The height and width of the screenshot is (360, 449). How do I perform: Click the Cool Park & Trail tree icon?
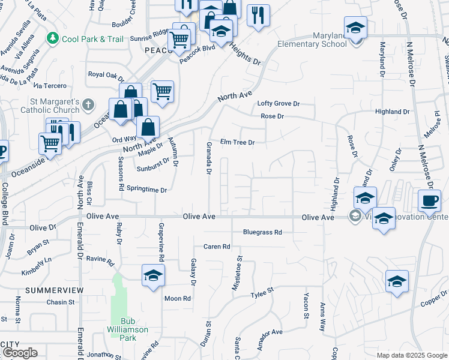(x=53, y=38)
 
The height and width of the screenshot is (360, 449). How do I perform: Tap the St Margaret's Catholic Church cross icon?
(x=88, y=105)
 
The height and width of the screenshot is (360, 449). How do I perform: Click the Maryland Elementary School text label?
(x=312, y=40)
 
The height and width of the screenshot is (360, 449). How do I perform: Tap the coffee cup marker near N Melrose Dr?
(x=429, y=200)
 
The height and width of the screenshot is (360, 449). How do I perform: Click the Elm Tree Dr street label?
(x=238, y=142)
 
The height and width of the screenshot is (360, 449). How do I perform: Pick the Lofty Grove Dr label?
(x=278, y=104)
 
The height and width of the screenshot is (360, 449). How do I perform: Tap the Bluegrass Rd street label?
(x=262, y=232)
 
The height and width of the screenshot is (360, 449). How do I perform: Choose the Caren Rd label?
(x=217, y=246)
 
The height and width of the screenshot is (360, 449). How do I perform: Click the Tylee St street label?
(x=262, y=292)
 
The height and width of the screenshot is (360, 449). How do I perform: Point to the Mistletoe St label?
(x=239, y=273)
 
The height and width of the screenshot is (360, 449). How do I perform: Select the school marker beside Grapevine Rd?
(x=153, y=275)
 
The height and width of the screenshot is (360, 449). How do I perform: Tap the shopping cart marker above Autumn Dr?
(x=162, y=91)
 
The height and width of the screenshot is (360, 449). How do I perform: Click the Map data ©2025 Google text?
(x=412, y=355)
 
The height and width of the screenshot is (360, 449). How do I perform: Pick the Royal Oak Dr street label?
(x=106, y=76)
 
